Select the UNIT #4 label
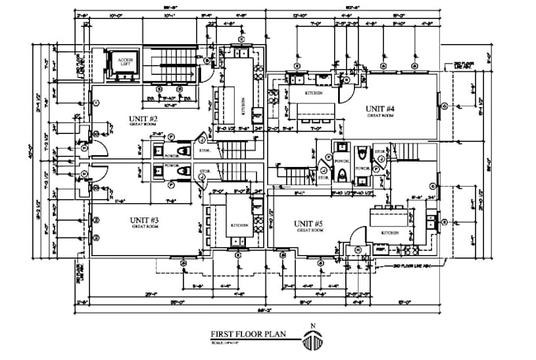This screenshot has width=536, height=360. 380,108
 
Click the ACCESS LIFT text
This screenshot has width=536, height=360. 125,62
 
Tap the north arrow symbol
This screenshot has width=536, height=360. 313,341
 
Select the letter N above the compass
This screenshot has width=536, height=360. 313,326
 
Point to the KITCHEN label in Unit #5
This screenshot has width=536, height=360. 390,233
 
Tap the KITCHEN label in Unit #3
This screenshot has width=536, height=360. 239,225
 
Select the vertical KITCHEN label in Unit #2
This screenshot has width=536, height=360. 243,105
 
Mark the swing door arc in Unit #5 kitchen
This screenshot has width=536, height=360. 356,234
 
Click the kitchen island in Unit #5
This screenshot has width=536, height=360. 389,213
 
